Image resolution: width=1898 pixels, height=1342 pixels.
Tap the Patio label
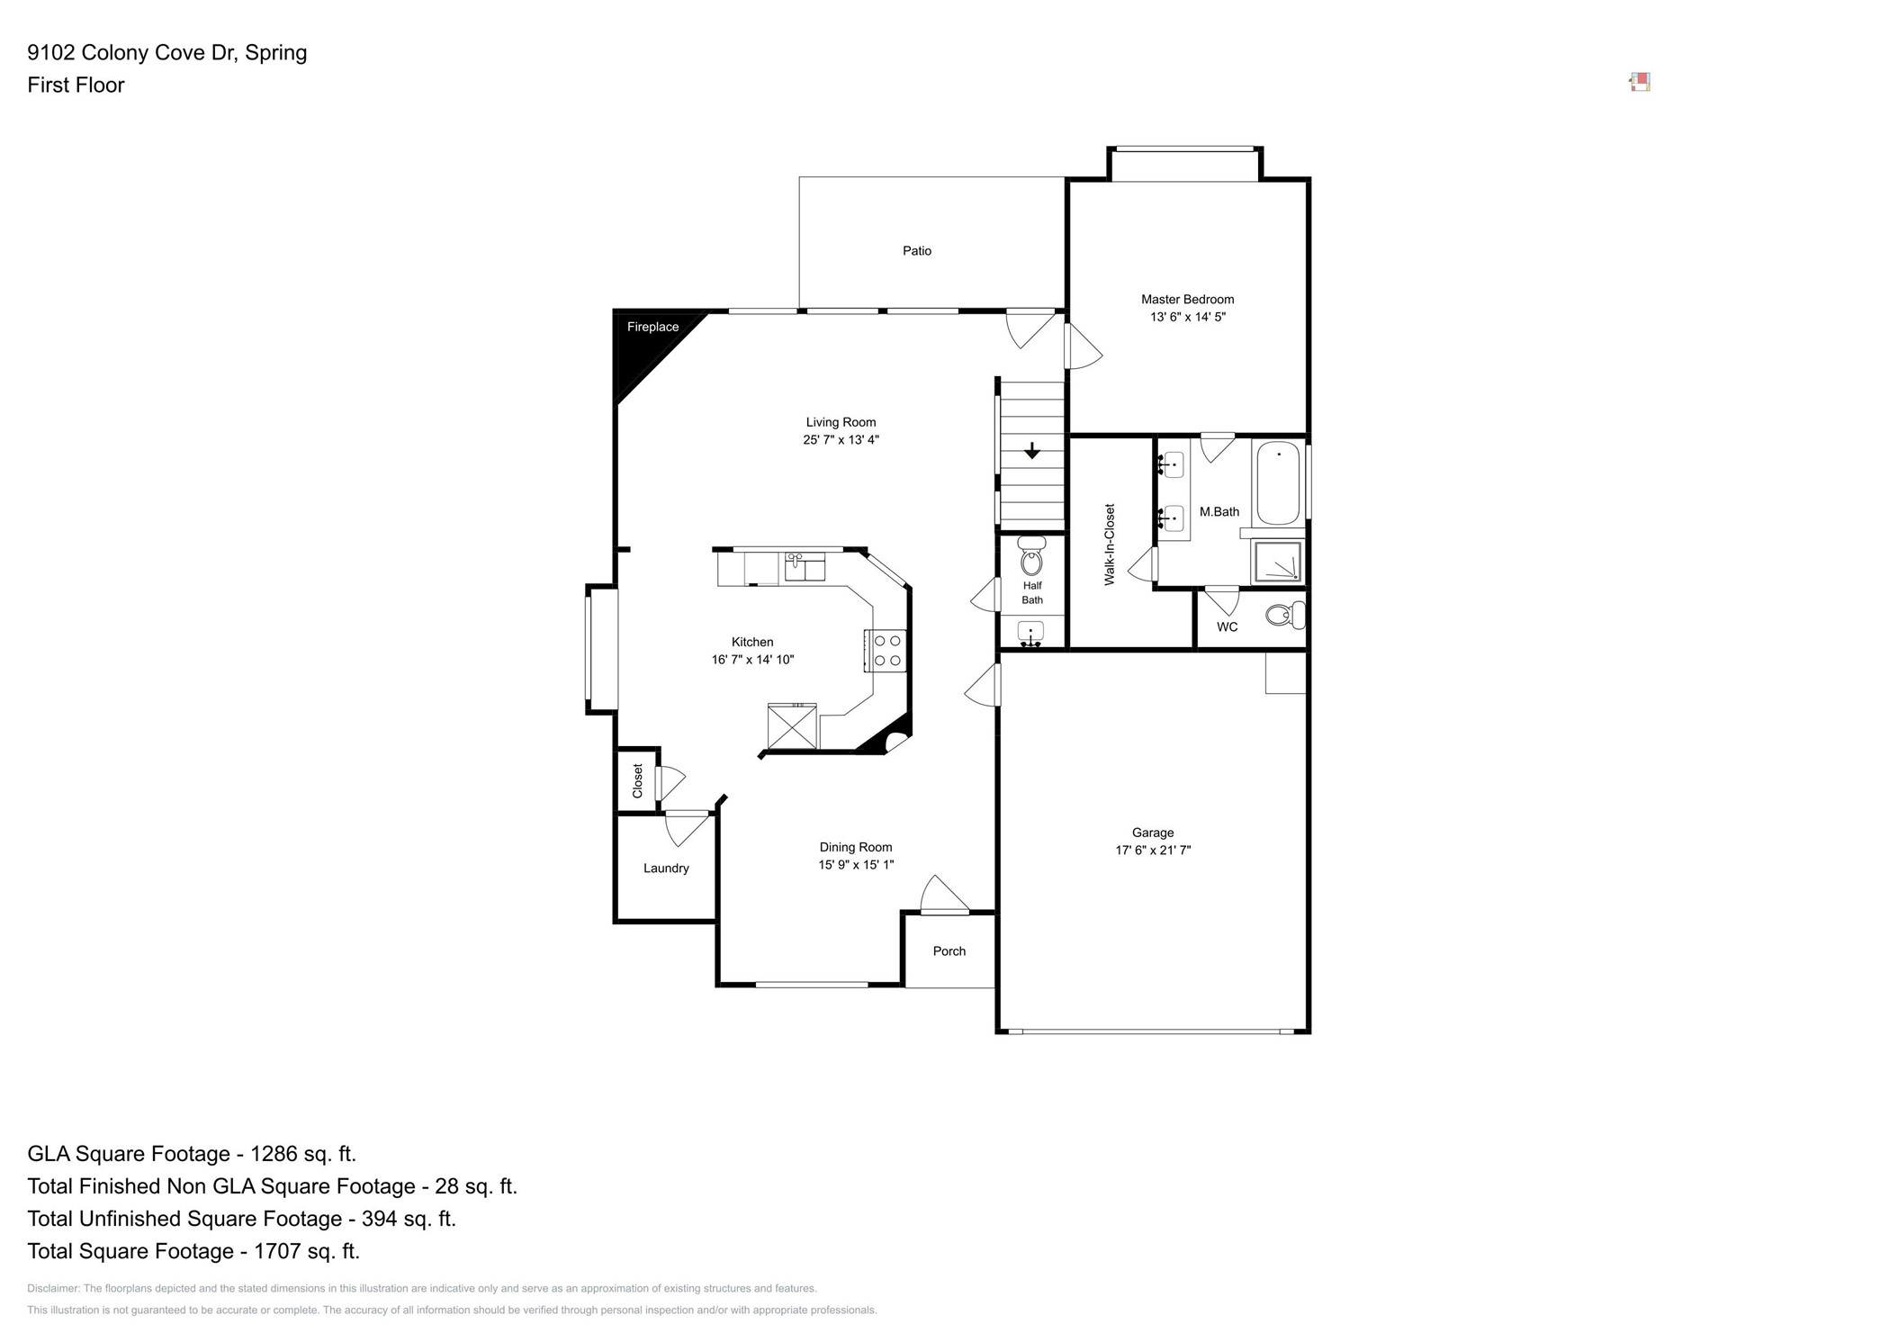pos(916,251)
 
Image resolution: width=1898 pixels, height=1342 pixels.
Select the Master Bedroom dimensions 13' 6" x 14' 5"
pos(1187,317)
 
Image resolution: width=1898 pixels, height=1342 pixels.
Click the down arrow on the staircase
pos(1031,451)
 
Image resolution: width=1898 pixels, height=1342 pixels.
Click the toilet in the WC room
pos(1284,616)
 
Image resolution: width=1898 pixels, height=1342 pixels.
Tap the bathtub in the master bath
pos(1277,482)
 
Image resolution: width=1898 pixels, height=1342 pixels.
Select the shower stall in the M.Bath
pos(1277,563)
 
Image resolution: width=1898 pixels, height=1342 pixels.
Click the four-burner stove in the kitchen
pos(887,651)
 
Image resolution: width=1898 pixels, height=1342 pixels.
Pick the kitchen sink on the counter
pos(805,568)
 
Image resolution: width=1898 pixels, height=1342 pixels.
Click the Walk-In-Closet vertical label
pos(1109,545)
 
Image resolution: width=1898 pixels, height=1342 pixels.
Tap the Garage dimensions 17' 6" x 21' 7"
pos(1153,850)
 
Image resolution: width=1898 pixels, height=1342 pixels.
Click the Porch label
pos(949,951)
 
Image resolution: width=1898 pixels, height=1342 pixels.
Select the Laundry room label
pos(666,869)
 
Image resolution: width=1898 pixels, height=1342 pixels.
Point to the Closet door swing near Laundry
pos(670,781)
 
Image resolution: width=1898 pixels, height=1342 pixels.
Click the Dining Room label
pos(855,847)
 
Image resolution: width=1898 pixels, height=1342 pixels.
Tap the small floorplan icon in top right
pos(1640,83)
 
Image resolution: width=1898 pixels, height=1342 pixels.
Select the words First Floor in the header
pos(76,86)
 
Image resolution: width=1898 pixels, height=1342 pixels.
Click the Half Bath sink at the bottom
pos(1030,632)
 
